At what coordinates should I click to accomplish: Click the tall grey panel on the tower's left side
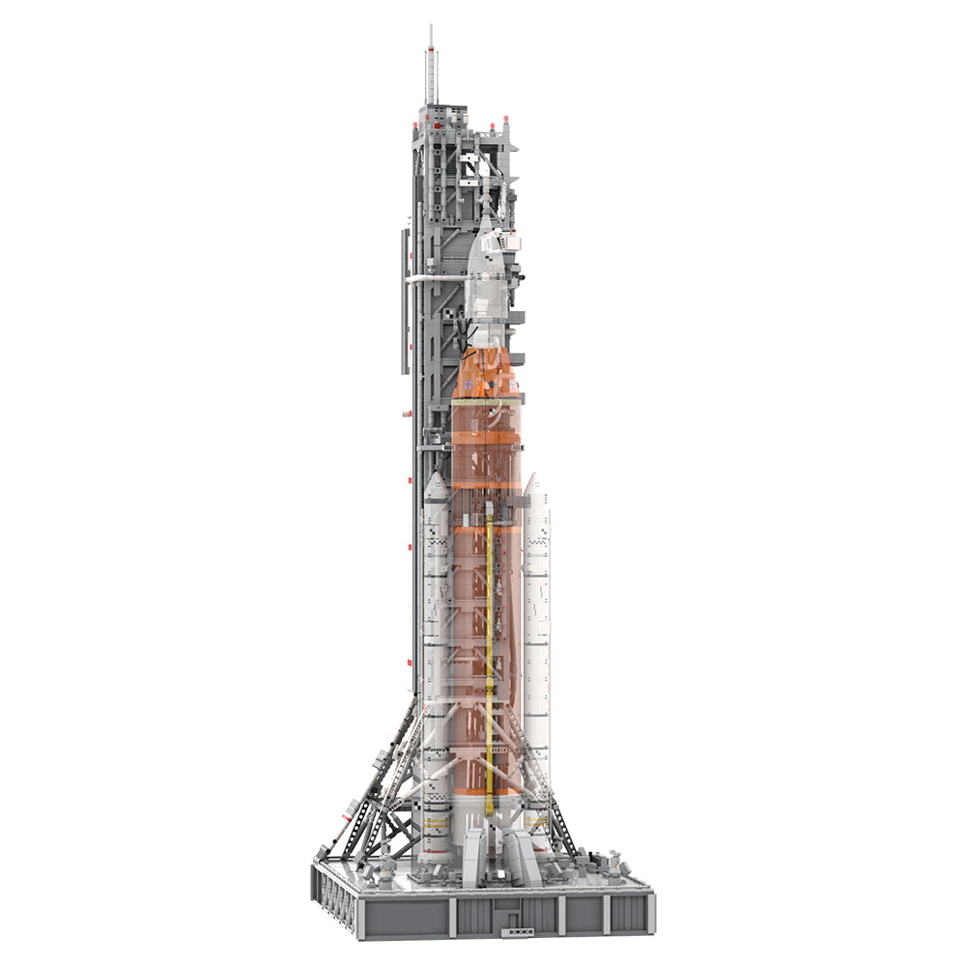click(x=403, y=299)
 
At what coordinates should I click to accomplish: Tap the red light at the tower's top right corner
click(x=513, y=126)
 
